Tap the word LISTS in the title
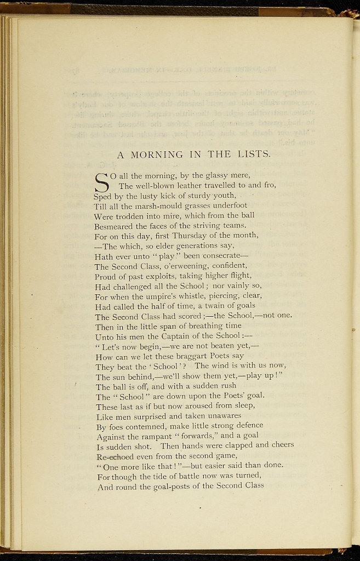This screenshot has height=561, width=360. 253,154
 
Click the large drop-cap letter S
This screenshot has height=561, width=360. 102,181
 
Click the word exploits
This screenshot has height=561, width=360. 161,276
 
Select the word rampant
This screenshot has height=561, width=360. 167,436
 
